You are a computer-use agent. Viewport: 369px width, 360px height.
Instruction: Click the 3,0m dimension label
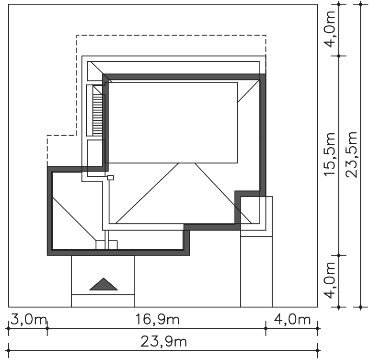[x=28, y=320]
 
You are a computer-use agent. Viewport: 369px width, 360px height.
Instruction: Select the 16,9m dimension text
[x=157, y=320]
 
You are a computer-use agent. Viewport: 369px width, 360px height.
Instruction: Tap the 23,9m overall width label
[x=164, y=342]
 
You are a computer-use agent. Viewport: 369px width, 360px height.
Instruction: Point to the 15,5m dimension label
[x=329, y=154]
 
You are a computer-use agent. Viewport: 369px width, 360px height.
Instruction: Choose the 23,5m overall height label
[x=351, y=154]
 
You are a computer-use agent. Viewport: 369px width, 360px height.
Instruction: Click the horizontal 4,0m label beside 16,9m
[x=292, y=320]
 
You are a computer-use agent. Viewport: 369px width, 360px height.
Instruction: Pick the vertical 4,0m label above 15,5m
[x=329, y=29]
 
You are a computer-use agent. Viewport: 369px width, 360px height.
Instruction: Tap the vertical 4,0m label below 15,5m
[x=329, y=280]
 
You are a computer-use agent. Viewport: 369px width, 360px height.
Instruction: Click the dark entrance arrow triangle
[x=104, y=284]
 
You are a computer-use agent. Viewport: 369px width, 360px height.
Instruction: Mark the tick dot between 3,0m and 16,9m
[x=47, y=328]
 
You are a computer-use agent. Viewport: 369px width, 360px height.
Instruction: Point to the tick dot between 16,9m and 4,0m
[x=266, y=328]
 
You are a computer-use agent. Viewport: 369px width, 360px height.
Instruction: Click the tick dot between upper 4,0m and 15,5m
[x=339, y=56]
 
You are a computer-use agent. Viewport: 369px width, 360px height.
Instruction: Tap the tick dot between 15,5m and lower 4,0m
[x=339, y=255]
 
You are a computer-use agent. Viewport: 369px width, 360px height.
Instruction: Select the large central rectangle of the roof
[x=173, y=123]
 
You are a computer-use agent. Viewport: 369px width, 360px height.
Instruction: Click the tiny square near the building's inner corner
[x=111, y=177]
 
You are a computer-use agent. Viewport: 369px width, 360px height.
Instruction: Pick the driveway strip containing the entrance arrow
[x=103, y=281]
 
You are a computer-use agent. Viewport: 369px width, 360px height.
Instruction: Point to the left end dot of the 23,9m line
[x=9, y=350]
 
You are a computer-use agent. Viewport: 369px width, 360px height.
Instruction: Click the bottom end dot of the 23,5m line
[x=361, y=307]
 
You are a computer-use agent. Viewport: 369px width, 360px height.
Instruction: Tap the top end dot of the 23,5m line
[x=361, y=4]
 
